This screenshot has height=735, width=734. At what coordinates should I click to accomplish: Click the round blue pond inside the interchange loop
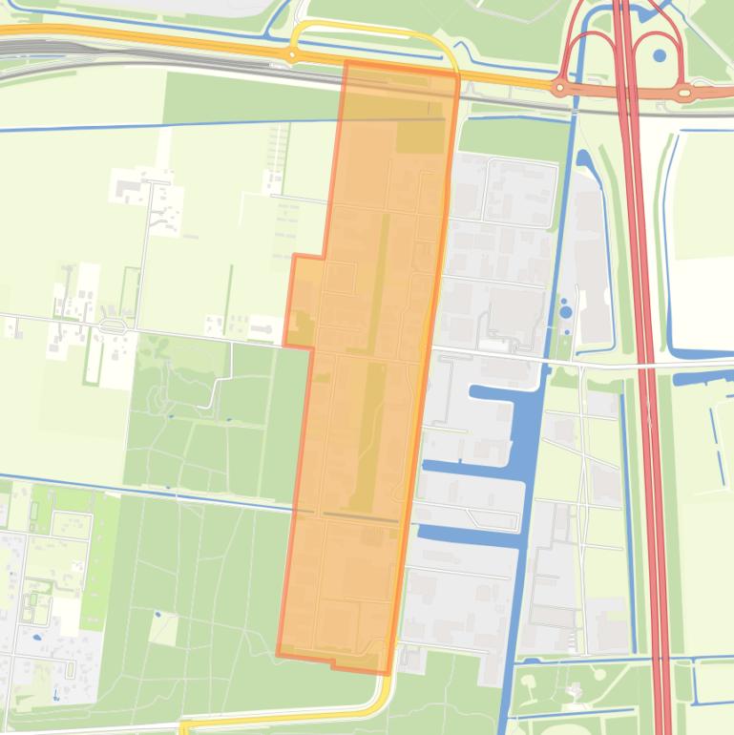660,55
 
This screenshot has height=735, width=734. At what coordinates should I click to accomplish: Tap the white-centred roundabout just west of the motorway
560,88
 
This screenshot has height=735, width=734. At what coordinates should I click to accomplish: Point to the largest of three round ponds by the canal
565,310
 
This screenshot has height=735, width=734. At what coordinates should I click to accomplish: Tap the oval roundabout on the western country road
113,326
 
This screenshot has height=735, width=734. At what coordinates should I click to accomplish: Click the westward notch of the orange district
304,301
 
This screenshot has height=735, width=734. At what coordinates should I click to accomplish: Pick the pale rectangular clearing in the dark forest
163,629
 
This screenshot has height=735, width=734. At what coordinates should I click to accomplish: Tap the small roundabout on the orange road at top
291,55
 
